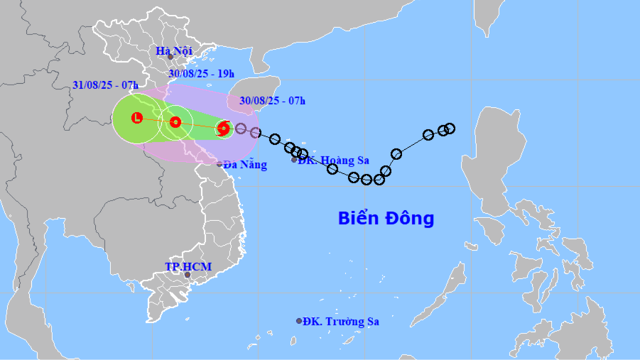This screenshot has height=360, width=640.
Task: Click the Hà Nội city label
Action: click(174, 50)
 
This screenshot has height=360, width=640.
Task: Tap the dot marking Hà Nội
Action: click(170, 57)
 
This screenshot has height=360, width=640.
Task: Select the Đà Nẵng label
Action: click(245, 165)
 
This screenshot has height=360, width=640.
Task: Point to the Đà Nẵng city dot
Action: click(219, 164)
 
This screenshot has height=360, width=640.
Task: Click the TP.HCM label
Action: click(188, 266)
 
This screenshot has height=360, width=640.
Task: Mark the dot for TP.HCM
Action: click(188, 275)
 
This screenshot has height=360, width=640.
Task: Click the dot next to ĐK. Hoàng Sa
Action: click(294, 160)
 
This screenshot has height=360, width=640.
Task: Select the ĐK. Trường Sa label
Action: click(340, 322)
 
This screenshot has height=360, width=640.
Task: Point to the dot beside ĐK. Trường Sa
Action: click(299, 321)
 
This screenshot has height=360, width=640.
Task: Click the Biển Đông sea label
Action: click(386, 218)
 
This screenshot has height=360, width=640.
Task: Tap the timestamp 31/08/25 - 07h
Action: click(104, 84)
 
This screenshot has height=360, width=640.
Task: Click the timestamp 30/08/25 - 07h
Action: click(272, 101)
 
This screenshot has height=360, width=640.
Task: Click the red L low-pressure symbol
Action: click(137, 117)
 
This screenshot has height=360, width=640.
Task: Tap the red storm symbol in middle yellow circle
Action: click(175, 122)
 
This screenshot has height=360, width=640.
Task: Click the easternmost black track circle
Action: click(449, 129)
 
